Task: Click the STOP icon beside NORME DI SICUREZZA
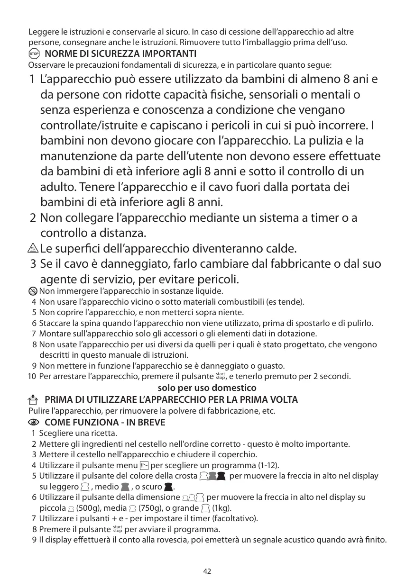point(33,53)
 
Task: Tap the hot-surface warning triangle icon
point(33,248)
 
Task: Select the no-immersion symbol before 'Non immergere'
point(33,291)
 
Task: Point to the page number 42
point(207,571)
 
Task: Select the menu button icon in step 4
point(144,465)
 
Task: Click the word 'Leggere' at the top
point(42,33)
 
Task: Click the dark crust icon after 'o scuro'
point(168,487)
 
